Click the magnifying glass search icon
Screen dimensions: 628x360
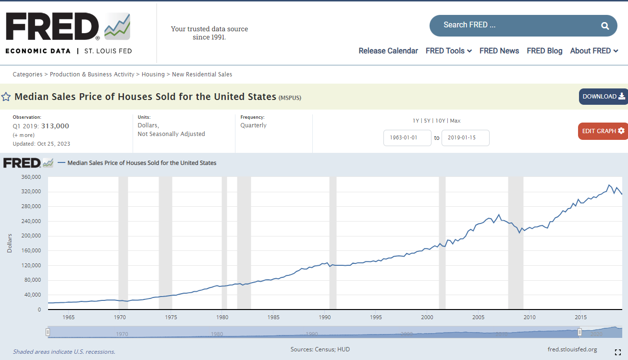(605, 26)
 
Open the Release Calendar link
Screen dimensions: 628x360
(388, 51)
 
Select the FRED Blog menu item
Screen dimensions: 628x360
(544, 51)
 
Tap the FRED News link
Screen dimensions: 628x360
(499, 51)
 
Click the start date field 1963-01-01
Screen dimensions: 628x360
(407, 137)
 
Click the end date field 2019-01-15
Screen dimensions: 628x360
(466, 137)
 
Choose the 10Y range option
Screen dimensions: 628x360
(440, 121)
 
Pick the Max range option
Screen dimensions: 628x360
(456, 121)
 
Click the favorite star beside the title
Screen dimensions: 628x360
(6, 97)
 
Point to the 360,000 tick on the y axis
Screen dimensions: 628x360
(31, 177)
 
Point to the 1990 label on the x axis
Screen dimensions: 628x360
(325, 317)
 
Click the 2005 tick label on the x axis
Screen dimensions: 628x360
(478, 317)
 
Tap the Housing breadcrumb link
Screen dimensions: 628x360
(153, 74)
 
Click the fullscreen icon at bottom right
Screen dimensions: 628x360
(617, 352)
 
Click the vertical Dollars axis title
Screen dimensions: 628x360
(10, 243)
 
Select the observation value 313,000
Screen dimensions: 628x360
(55, 126)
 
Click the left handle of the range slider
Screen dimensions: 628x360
(48, 332)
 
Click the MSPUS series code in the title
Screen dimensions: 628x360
(290, 98)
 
